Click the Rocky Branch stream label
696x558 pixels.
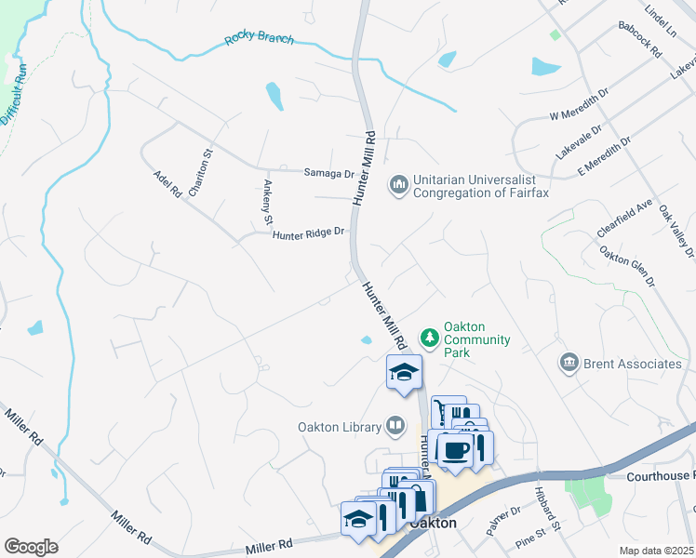coord(259,40)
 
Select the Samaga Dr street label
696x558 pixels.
coord(329,173)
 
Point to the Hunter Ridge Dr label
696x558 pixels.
coord(308,233)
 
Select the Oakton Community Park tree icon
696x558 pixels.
coord(429,336)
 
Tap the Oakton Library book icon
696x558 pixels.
coord(396,427)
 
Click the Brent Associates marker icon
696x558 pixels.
coord(569,362)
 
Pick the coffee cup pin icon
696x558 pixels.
coord(455,450)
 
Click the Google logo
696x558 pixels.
coord(31,546)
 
